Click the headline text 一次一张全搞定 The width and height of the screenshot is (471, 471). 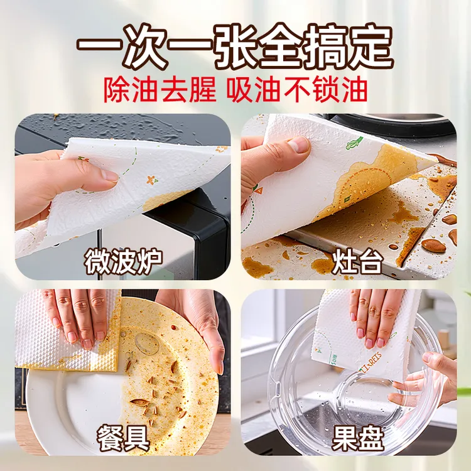pos(235,45)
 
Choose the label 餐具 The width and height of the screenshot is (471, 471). pos(123,435)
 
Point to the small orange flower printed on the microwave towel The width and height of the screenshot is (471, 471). pos(151,180)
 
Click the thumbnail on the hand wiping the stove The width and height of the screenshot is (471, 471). pos(298,146)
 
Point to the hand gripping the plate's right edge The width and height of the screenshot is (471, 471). pos(201,327)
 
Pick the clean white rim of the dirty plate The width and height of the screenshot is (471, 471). pos(57,402)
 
